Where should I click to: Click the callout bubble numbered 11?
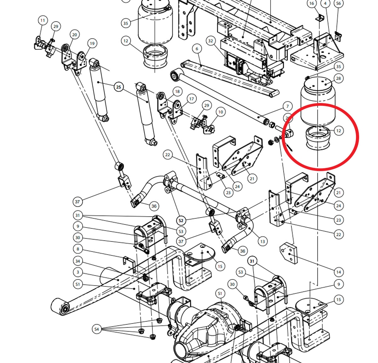[x=43, y=20]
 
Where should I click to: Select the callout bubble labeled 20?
[x=74, y=35]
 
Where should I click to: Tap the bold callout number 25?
[x=118, y=87]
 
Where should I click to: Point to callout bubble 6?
[x=197, y=49]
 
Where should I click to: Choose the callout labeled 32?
[x=211, y=41]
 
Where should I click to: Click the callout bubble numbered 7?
[x=288, y=106]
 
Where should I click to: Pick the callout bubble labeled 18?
[x=177, y=91]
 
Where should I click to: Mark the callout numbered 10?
[x=220, y=112]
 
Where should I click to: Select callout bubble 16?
[x=312, y=3]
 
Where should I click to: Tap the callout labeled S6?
[x=339, y=3]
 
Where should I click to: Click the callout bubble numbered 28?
[x=339, y=78]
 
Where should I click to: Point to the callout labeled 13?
[x=262, y=241]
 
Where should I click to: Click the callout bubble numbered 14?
[x=339, y=272]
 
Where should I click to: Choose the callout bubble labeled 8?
[x=78, y=249]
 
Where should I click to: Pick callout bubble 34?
[x=78, y=261]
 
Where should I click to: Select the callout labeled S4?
[x=97, y=329]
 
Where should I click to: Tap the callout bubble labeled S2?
[x=181, y=221]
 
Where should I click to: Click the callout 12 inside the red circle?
[x=339, y=130]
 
